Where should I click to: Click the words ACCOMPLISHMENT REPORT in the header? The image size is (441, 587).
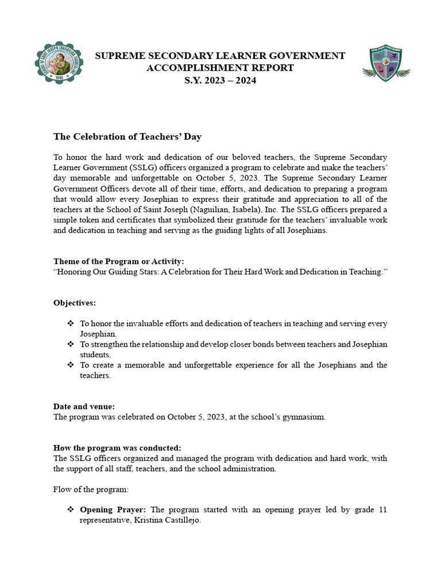point(220,68)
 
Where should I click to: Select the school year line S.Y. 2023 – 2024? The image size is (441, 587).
point(220,80)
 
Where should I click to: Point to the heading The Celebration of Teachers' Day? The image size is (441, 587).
point(127,136)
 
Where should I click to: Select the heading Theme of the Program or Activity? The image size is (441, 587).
point(119,261)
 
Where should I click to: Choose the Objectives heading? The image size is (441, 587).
point(75,302)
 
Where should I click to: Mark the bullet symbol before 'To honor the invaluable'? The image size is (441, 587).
point(71,323)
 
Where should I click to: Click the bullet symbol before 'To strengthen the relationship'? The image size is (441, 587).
point(71,344)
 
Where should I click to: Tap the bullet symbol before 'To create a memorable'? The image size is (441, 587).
point(71,365)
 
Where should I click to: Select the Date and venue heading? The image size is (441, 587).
point(84,406)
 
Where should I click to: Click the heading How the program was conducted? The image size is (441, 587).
point(117,448)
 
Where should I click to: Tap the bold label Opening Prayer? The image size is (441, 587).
point(113,510)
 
